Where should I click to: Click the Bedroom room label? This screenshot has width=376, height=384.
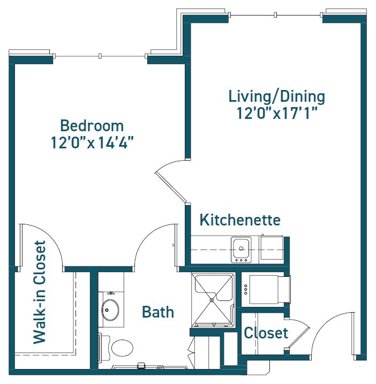point(92,126)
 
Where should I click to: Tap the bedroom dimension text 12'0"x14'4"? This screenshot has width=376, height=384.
point(92,142)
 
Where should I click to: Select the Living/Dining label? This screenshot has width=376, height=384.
point(276,97)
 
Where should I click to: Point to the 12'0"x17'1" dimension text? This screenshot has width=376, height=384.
point(277,113)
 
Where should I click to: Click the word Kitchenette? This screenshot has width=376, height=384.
point(240,220)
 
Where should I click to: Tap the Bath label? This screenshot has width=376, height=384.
point(158,312)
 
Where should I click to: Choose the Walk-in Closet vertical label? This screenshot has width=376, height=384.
point(40,292)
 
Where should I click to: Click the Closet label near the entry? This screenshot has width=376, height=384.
point(266,333)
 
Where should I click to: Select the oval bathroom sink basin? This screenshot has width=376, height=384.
point(110,310)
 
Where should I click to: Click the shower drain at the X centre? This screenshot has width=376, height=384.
point(212,300)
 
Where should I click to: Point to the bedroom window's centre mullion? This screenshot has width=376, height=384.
point(100,56)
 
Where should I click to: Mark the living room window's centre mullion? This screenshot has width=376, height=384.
point(275,15)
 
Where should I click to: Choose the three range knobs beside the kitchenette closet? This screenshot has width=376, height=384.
point(246,289)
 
